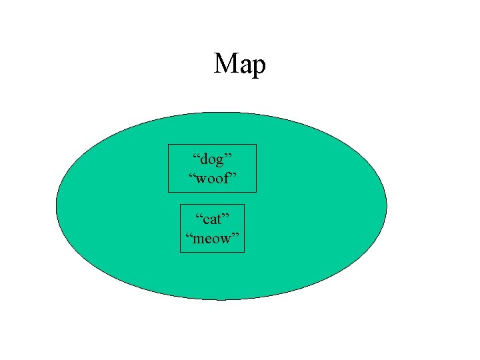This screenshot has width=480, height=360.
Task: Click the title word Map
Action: tap(240, 65)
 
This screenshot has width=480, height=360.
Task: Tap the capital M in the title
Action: tap(225, 64)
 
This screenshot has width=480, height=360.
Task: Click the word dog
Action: tap(213, 160)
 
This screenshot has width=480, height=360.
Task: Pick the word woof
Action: tap(212, 179)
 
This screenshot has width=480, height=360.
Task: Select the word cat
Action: tap(213, 219)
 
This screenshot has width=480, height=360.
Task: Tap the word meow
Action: tap(213, 238)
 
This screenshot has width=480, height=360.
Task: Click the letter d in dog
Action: tap(203, 159)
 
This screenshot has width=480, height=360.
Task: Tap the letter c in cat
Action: tap(205, 220)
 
